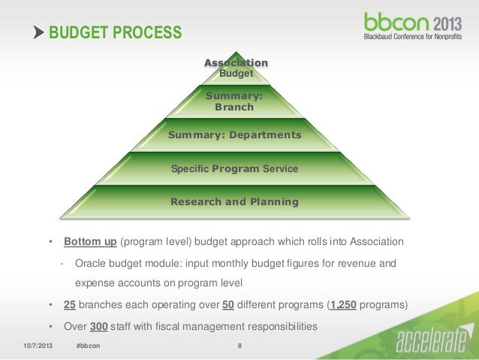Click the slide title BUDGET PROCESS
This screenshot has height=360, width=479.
click(114, 33)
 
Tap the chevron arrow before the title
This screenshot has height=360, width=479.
click(39, 33)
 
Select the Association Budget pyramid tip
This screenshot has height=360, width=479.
click(235, 68)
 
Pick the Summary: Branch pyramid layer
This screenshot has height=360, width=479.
click(234, 101)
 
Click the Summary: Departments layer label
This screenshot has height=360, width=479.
click(234, 135)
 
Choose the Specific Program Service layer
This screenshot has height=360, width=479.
click(234, 169)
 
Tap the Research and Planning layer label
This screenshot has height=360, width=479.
click(234, 202)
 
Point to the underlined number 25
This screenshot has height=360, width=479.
click(70, 306)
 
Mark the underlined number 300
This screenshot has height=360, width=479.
click(98, 327)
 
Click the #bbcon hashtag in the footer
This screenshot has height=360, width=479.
click(89, 346)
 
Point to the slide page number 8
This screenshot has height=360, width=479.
click(239, 346)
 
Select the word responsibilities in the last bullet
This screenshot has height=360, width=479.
click(279, 327)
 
